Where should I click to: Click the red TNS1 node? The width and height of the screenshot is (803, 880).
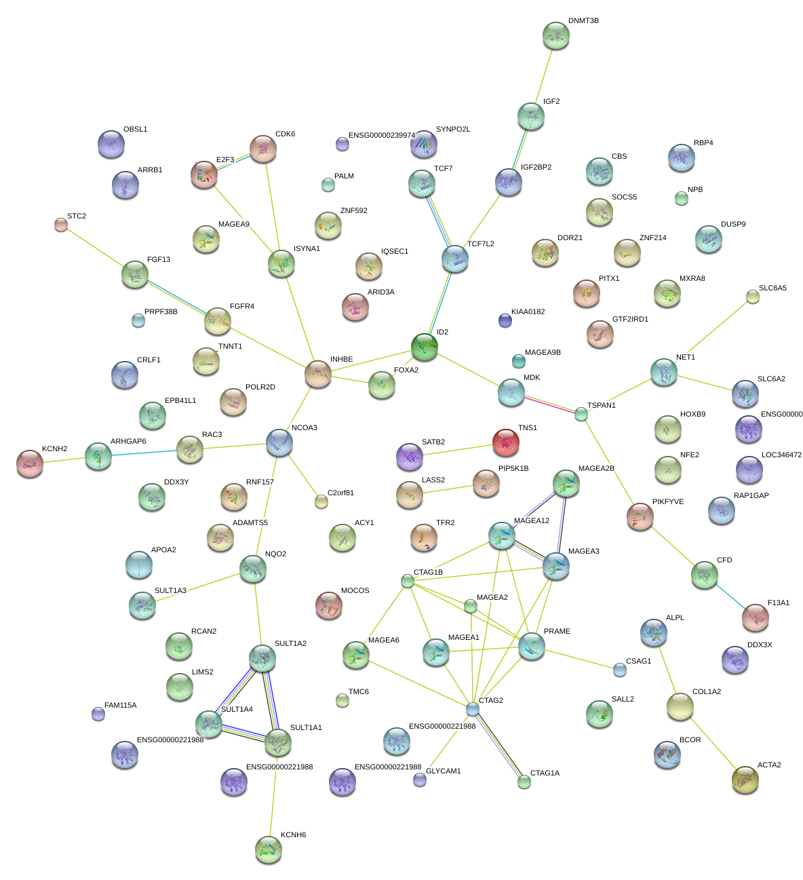tap(505, 442)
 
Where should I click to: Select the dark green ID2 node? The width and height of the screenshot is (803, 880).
tap(425, 347)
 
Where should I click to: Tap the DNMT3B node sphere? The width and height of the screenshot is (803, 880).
tap(556, 35)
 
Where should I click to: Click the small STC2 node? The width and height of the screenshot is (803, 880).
tap(61, 225)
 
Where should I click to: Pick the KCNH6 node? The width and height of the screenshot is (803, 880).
tap(268, 849)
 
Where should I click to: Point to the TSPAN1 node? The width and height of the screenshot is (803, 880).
tap(581, 414)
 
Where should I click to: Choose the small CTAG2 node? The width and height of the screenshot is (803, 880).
tap(473, 709)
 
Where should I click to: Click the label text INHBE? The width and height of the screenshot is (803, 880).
tap(341, 360)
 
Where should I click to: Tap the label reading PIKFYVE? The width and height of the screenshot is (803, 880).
tap(668, 502)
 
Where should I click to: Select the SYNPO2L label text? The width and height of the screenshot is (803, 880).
tap(453, 129)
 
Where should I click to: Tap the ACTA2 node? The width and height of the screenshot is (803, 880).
tap(745, 780)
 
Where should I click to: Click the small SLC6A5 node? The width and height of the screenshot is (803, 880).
tap(752, 296)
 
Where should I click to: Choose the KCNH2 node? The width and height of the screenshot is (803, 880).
tap(29, 463)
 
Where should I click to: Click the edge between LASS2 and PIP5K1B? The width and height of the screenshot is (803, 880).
tap(448, 489)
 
